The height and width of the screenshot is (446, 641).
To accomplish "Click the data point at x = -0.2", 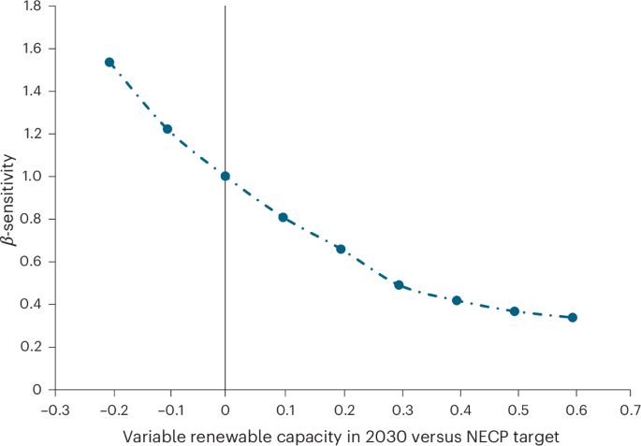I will coord(109,62).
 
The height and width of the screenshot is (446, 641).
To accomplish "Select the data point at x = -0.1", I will coord(168,129).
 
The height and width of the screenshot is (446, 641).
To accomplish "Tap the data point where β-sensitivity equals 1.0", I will coord(226,176).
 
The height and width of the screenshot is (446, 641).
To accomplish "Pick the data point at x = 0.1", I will coord(283,217).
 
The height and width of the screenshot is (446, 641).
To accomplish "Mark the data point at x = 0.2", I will coord(341,249).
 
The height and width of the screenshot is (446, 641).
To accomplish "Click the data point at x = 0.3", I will coord(399,285).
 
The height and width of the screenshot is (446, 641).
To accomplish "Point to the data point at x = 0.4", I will coord(457,300).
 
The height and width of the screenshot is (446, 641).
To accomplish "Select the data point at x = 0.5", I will coord(515,310).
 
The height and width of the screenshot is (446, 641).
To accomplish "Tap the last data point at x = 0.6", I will coord(573,317).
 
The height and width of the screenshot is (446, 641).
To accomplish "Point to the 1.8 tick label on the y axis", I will coord(33,6).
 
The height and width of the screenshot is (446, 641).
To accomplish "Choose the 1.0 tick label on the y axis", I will coord(33,176).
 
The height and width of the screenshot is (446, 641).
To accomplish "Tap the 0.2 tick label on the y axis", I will coord(33,347).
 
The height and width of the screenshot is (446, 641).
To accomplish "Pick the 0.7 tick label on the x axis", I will coord(631,409).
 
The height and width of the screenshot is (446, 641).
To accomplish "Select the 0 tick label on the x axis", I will coord(226,409).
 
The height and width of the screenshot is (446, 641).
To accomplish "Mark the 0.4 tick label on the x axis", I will coord(457,409).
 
